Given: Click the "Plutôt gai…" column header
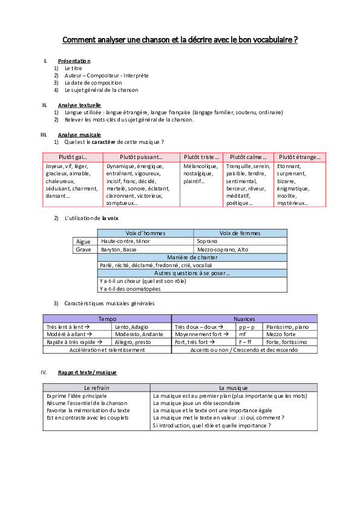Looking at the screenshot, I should [73, 157].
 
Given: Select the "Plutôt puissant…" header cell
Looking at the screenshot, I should [142, 157].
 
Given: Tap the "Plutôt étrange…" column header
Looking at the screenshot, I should [299, 157].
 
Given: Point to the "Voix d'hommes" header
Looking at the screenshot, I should [145, 233].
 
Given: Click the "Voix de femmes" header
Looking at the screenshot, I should [240, 233].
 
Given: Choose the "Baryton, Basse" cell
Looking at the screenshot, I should [119, 249].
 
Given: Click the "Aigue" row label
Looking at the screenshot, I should [83, 241].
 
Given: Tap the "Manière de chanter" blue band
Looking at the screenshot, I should [192, 258].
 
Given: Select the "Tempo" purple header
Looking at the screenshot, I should [107, 319].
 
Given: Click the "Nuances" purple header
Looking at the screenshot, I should [244, 319].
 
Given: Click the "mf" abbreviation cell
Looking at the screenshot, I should [243, 334].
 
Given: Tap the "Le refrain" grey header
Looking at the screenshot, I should [96, 387].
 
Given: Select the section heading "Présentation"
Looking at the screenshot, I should [74, 61].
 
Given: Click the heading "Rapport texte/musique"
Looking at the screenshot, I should [87, 372].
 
